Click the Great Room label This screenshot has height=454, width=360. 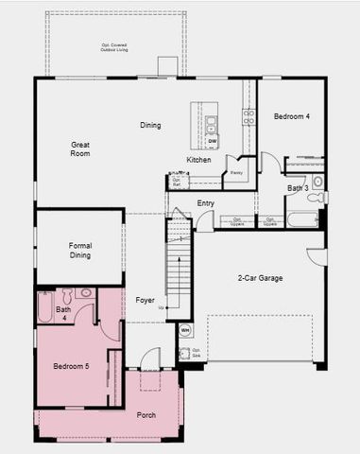click(x=80, y=148)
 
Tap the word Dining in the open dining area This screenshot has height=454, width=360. click(x=150, y=125)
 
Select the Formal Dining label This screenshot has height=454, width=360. click(x=80, y=251)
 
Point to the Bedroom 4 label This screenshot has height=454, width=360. click(x=292, y=116)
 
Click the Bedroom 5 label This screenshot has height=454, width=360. click(x=71, y=366)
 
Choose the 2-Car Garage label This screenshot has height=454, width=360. click(x=260, y=278)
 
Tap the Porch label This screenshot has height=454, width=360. click(x=146, y=415)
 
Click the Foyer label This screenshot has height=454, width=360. click(x=145, y=300)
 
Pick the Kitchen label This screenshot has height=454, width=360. click(x=198, y=160)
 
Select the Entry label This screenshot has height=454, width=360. click(x=205, y=203)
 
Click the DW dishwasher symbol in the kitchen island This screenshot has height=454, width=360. click(x=213, y=141)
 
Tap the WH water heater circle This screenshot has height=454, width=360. click(x=185, y=330)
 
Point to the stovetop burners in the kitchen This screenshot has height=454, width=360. click(x=249, y=117)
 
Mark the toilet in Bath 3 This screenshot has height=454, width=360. click(x=317, y=197)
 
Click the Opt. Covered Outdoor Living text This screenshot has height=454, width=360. click(x=114, y=47)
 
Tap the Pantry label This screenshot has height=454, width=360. click(x=236, y=172)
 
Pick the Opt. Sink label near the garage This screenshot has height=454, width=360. click(x=197, y=353)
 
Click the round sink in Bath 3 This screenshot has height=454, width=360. click(x=317, y=180)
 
